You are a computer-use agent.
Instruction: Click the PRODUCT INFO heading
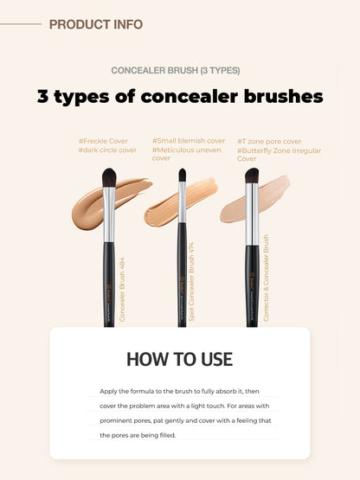click(x=96, y=24)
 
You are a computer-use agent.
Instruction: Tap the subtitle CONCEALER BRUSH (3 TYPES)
click(x=176, y=70)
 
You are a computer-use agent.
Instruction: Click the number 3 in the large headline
click(x=43, y=96)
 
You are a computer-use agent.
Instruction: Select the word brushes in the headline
click(x=275, y=96)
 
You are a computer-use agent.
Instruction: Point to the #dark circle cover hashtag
click(x=107, y=150)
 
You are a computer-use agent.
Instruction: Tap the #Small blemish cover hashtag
click(x=189, y=139)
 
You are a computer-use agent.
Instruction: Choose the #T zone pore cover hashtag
click(x=269, y=139)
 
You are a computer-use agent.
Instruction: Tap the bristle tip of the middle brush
click(x=182, y=176)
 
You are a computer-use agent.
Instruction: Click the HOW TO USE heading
click(x=179, y=359)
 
